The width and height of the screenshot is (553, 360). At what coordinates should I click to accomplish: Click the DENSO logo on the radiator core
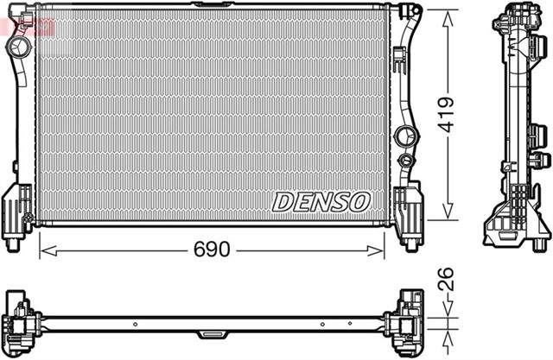321,202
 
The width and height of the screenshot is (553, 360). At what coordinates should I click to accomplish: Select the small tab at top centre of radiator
207,6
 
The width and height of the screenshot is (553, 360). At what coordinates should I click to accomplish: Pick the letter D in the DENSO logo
283,202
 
